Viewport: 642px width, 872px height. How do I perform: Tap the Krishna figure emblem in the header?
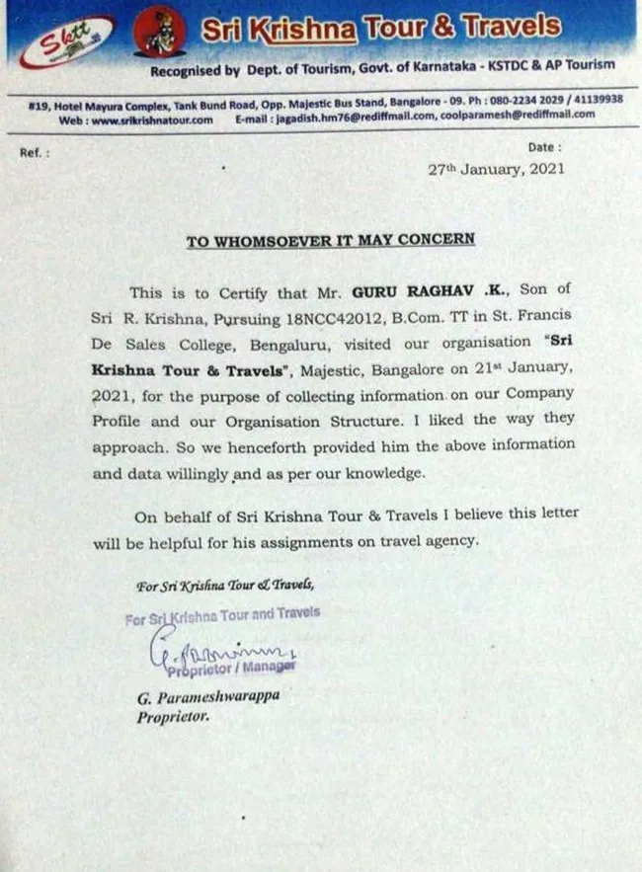pos(159,34)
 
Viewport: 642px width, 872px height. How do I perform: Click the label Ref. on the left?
pos(34,153)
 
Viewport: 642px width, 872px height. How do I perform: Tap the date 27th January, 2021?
pos(496,169)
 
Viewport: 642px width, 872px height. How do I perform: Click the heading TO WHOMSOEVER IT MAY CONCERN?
pos(331,240)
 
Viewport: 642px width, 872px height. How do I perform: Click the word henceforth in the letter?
pos(260,445)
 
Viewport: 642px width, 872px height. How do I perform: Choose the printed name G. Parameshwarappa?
pos(207,697)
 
